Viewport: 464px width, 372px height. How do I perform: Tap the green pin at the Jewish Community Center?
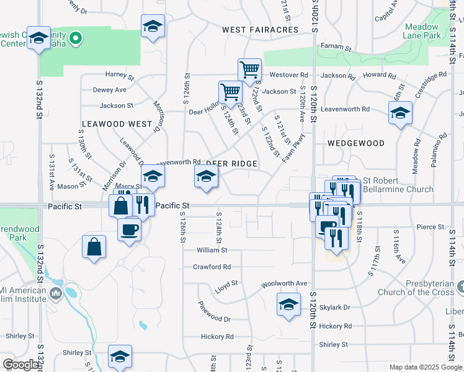(x=76, y=40)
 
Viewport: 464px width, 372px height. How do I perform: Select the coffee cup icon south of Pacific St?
(x=130, y=230)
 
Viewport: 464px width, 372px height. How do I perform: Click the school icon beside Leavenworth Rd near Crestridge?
(x=400, y=113)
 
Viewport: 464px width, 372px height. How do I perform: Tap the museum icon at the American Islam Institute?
(x=56, y=293)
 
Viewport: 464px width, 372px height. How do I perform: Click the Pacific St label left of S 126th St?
(x=172, y=205)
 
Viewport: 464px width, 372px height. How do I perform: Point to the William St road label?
(x=212, y=250)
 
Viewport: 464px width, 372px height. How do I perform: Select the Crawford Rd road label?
(x=212, y=267)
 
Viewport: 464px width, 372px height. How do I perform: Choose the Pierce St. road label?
(x=432, y=227)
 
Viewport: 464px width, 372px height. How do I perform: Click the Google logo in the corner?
(x=20, y=365)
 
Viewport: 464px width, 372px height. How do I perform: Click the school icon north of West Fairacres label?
(x=152, y=26)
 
